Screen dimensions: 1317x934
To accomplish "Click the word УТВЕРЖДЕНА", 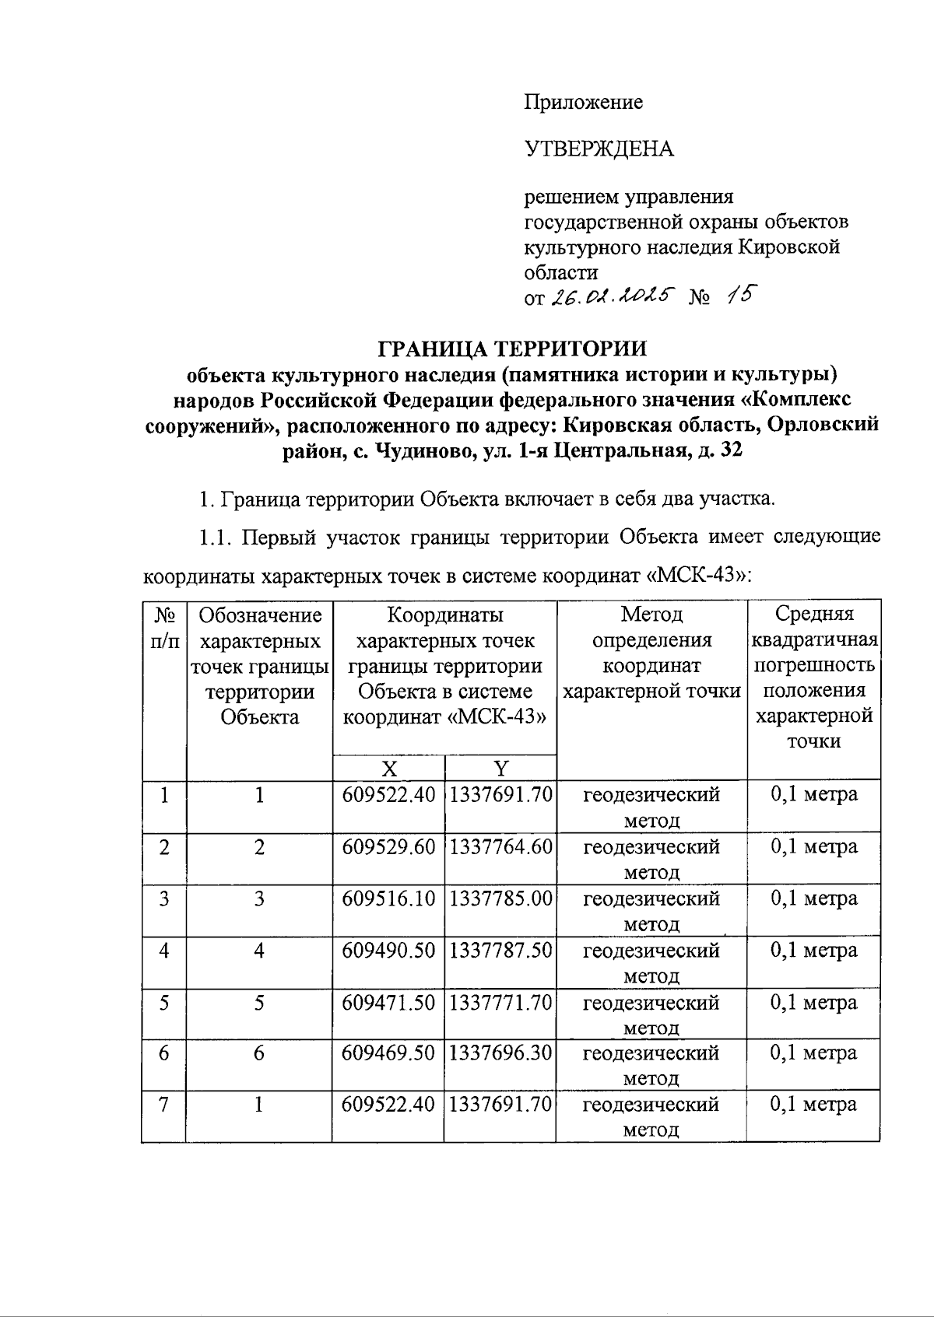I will point(599,149).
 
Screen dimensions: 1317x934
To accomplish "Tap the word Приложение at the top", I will point(583,102).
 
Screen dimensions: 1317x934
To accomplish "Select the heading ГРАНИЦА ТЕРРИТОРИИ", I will point(512,347).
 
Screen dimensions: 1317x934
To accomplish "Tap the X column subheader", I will point(388,769).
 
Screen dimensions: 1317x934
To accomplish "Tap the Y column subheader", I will point(500,769).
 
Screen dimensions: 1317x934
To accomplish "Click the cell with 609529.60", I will point(388,846).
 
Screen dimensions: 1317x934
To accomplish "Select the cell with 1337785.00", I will point(500,898).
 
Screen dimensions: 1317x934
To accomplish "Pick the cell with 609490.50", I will point(388,950).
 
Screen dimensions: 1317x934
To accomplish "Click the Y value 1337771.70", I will point(500,1002).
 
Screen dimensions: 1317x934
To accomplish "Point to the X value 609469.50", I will point(388,1053).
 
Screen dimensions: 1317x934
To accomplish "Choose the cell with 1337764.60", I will point(500,846).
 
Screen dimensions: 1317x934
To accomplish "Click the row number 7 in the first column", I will point(163,1105).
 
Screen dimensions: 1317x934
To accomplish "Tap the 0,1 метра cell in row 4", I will point(813,950).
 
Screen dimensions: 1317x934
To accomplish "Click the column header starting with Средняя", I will point(813,677).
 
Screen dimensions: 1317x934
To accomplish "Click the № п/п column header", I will point(163,628).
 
